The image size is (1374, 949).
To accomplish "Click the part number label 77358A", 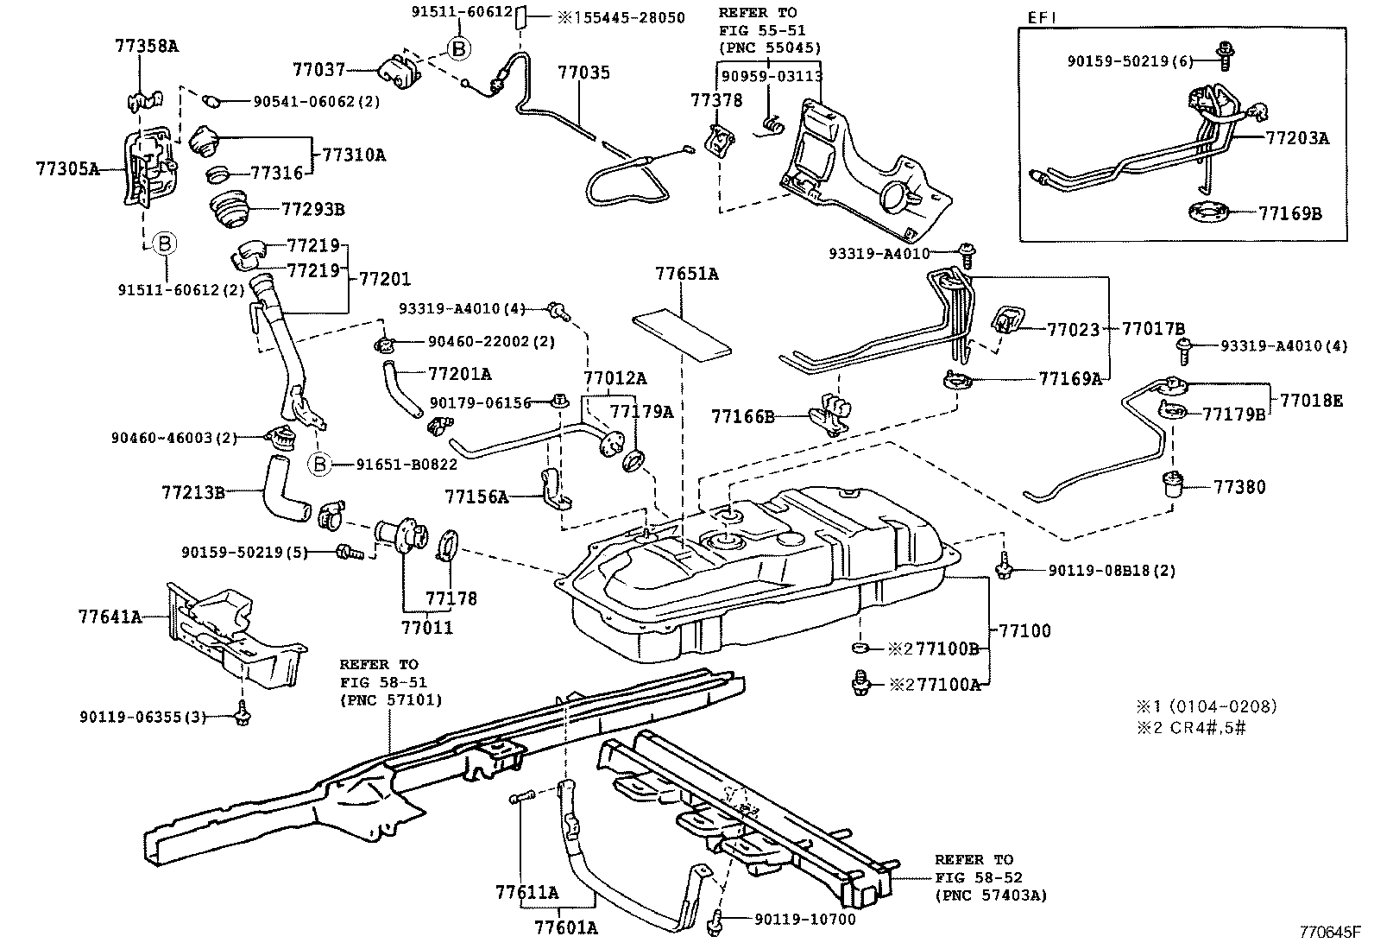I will (146, 46).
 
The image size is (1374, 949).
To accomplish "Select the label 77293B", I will (312, 209).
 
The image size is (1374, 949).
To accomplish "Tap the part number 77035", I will (583, 73).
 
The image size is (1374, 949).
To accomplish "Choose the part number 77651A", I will (686, 275).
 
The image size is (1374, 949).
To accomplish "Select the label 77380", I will (1239, 487).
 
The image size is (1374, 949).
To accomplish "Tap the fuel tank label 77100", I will (1025, 630).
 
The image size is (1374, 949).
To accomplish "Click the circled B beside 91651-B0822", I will (319, 465).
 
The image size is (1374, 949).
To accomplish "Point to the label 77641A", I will (109, 617).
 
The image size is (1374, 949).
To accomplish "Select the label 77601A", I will (566, 928).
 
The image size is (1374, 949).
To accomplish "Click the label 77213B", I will (192, 493).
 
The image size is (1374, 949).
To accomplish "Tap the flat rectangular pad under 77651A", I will (682, 335).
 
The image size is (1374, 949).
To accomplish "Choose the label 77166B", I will (742, 417).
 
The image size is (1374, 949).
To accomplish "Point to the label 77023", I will (1073, 329).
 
